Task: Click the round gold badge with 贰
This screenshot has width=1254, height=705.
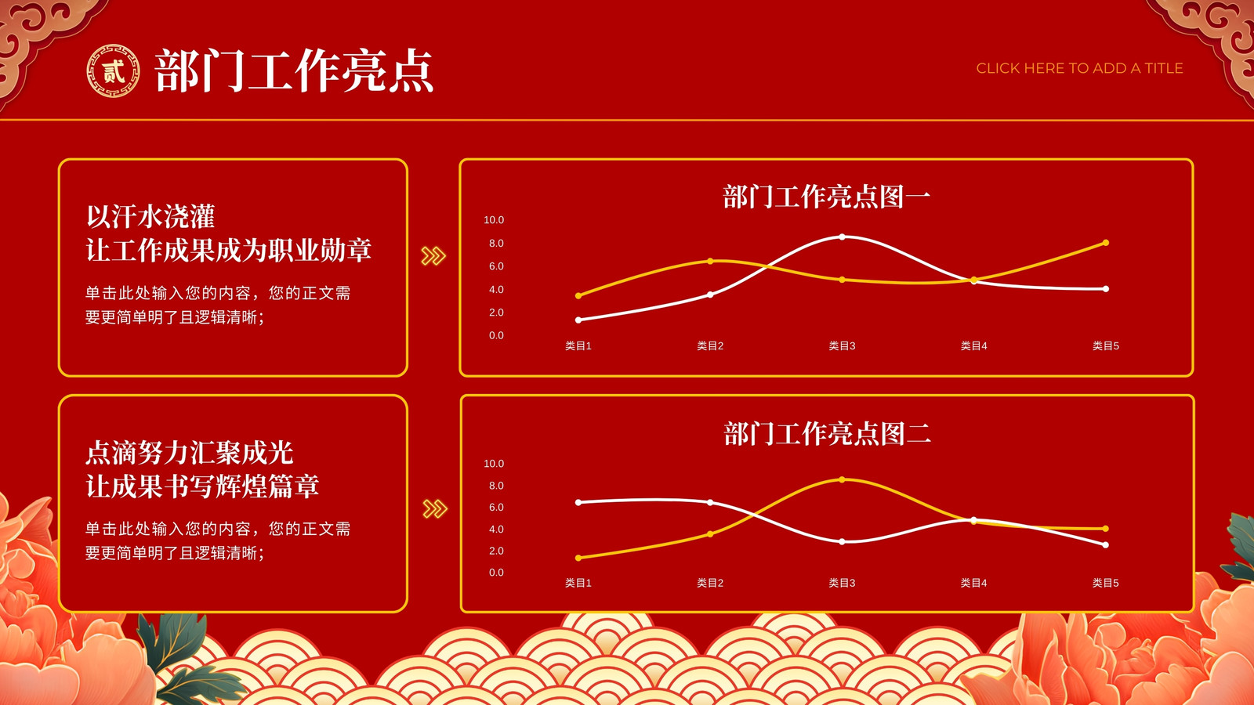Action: (113, 71)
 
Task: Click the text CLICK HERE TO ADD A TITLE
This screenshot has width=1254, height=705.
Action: (1079, 68)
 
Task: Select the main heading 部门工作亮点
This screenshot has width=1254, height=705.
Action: (294, 70)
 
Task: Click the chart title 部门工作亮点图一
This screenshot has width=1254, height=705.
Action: (826, 197)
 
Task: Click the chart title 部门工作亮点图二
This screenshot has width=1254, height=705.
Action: (827, 434)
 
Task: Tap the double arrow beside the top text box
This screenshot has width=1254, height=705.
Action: (433, 255)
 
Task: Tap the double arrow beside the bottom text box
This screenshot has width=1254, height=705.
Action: (435, 508)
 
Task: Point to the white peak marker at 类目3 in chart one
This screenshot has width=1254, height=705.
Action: (843, 237)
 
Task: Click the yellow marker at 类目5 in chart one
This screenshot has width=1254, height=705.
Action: (1106, 243)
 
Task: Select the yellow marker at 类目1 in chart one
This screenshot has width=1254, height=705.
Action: (578, 295)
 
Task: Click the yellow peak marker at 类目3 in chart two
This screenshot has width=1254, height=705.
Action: (842, 479)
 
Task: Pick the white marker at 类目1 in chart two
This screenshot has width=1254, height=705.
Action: (578, 502)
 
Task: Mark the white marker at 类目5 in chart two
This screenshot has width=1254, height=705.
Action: (1106, 544)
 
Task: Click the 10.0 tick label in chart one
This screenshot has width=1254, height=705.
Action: (494, 220)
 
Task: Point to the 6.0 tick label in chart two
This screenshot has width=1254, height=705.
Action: (496, 507)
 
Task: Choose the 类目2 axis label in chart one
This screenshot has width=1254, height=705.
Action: (710, 345)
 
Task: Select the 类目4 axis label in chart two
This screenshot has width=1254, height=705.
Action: (973, 583)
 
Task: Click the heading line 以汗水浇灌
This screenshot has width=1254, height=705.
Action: (150, 216)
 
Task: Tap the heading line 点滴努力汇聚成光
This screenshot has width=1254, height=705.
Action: (189, 452)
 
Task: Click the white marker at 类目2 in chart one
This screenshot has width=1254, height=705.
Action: (710, 295)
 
